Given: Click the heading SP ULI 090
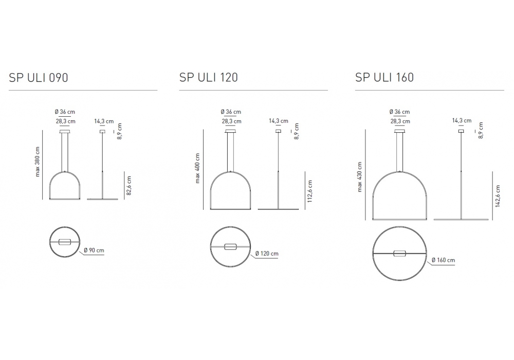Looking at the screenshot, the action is coord(39,78).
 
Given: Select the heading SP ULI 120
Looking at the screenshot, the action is coord(209,77).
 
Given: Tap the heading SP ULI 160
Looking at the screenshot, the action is coord(384,77).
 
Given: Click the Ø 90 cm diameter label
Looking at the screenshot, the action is coord(94,250).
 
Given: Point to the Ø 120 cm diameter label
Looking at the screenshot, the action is coord(267,254).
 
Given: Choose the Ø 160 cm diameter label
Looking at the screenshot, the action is coord(443,260).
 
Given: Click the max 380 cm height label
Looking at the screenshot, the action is coord(37,161).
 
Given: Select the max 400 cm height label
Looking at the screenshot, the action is coord(197,168).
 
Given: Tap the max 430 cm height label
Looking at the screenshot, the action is coord(360,177).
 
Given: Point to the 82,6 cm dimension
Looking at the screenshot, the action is coord(129,186).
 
